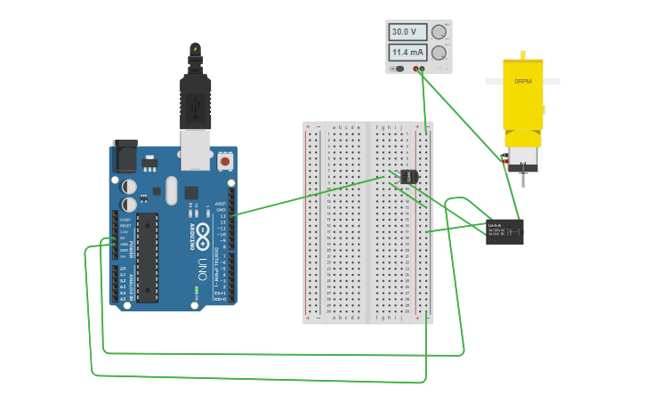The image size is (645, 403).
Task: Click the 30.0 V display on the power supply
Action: coord(405,32)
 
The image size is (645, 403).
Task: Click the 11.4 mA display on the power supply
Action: coord(406,52)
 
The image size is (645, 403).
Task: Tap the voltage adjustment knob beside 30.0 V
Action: coord(438,32)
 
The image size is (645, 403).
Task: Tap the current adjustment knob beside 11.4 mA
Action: coord(438,53)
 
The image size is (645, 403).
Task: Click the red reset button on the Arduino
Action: coord(225,163)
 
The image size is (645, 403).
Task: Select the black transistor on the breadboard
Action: coord(408,176)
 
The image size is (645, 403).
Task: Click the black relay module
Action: coord(504,231)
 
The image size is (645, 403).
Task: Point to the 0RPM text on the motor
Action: coord(522,81)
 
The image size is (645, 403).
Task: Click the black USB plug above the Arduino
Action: coord(195,98)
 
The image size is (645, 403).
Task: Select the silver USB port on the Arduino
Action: coord(196,149)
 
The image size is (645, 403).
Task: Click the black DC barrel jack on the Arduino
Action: coord(124,157)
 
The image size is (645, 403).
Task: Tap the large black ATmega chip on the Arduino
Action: coord(147,257)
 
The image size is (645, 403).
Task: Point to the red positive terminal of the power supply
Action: coord(415,69)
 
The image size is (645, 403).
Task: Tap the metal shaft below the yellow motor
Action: coord(523,179)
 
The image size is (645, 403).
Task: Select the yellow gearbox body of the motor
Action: coord(522,98)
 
